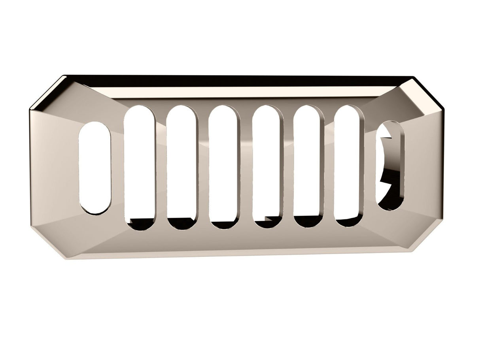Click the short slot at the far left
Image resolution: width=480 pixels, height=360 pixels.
[x=95, y=168]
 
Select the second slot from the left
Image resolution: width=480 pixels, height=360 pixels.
[x=140, y=166]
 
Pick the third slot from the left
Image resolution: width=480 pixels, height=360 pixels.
[x=181, y=166]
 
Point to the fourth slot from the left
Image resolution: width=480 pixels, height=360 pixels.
[x=223, y=166]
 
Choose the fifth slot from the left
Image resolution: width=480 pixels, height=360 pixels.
[x=267, y=166]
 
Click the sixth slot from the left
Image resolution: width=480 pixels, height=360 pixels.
[x=308, y=166]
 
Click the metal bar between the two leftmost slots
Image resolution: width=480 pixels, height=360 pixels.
[x=117, y=170]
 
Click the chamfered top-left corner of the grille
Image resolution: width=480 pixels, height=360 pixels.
[x=47, y=93]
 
